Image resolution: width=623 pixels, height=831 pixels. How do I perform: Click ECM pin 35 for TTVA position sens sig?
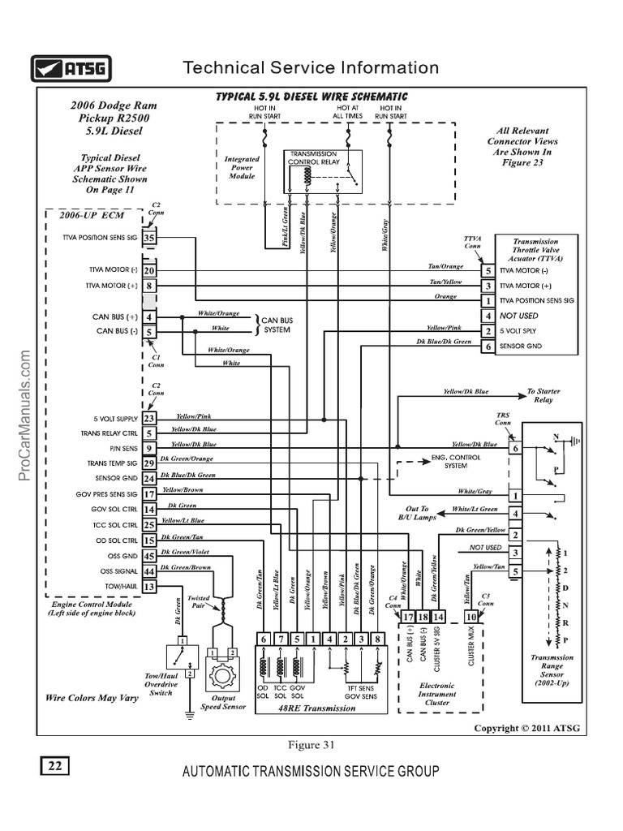[149, 238]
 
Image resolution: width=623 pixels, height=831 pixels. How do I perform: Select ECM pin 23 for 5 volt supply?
[149, 418]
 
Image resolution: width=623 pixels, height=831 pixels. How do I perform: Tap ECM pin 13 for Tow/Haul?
[149, 586]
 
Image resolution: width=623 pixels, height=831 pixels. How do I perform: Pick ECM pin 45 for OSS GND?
[149, 556]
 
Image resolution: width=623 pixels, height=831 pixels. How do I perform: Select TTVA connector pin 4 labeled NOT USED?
[488, 316]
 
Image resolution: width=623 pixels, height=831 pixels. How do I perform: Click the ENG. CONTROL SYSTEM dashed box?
[445, 462]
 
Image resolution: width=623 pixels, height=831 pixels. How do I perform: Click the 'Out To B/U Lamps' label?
[418, 512]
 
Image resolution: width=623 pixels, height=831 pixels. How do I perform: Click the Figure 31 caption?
[311, 744]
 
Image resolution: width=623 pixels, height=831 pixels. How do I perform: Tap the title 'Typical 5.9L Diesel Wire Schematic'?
[311, 97]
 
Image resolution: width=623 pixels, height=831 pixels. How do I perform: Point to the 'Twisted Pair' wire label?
[199, 601]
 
